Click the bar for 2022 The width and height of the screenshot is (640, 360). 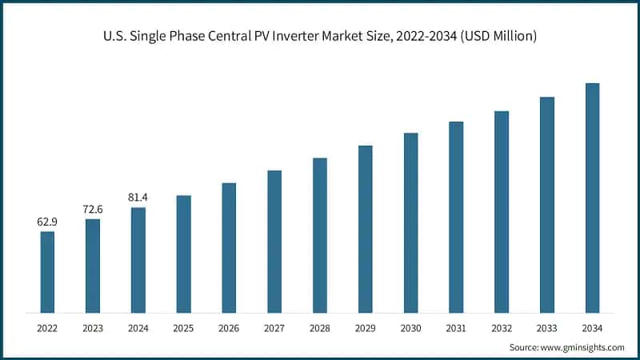tap(47, 271)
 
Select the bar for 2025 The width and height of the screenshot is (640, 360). tap(183, 254)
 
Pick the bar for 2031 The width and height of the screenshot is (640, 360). tap(456, 217)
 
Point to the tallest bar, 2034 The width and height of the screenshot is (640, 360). tap(592, 198)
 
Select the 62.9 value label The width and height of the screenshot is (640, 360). tap(47, 222)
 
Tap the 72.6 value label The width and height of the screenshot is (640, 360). tap(93, 210)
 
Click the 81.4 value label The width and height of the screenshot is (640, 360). tap(138, 198)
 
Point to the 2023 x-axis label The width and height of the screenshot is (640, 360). tap(93, 328)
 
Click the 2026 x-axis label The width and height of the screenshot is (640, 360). tap(229, 328)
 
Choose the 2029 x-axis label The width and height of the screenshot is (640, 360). tap(365, 328)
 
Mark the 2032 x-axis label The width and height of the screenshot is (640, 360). tap(502, 328)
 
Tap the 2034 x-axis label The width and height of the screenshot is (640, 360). tap(592, 328)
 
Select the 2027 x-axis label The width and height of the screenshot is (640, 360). tap(274, 328)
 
